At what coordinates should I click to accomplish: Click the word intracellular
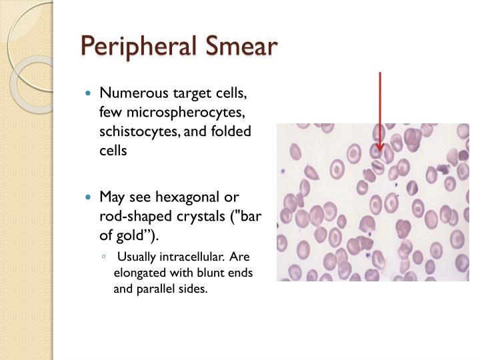tap(189, 257)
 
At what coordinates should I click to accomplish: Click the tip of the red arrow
tap(380, 151)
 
